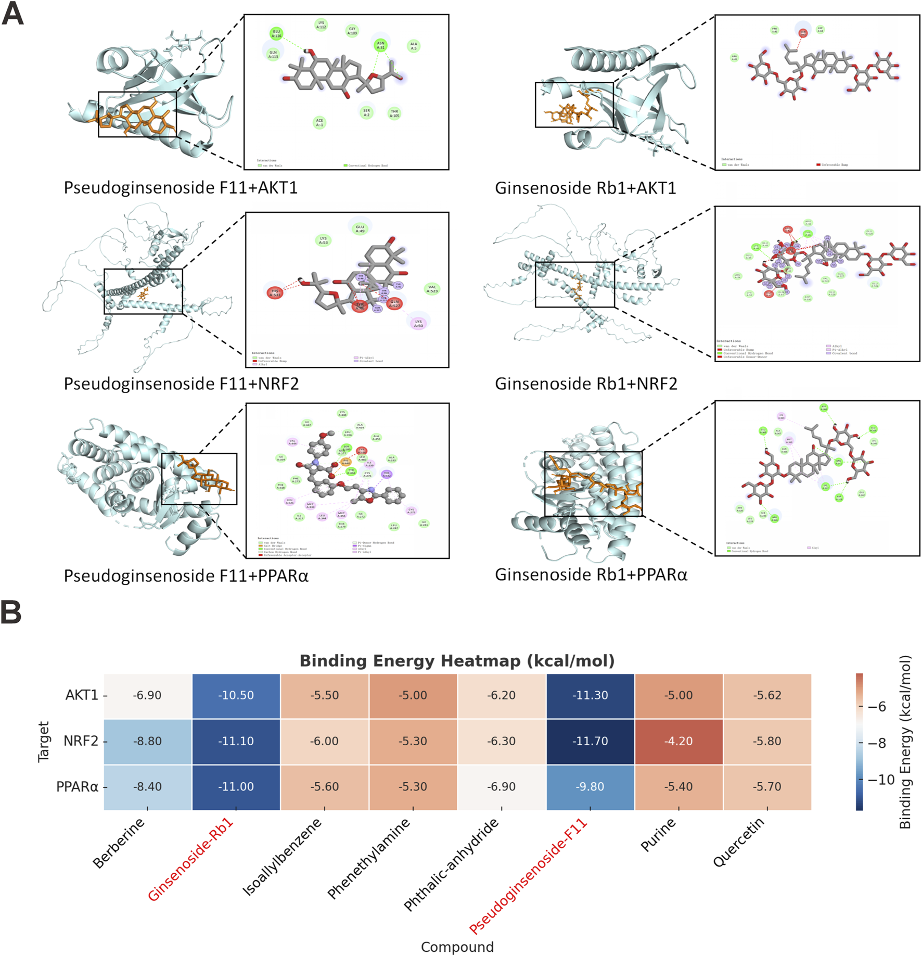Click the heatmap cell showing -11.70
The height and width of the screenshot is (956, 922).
tap(590, 741)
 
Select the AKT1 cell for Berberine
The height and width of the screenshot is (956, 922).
tap(147, 695)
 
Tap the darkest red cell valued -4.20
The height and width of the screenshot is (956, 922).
tap(678, 741)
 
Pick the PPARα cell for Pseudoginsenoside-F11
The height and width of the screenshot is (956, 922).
tap(590, 786)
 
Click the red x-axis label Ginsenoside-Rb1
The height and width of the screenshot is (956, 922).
tap(190, 860)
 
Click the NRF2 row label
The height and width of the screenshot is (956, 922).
tap(81, 741)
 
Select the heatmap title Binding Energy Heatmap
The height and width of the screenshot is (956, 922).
tap(457, 661)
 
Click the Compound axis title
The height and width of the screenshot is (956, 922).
tap(457, 947)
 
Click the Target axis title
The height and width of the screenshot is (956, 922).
tap(44, 742)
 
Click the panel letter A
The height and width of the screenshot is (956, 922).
tap(12, 14)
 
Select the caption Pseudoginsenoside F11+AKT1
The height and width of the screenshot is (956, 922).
tap(181, 187)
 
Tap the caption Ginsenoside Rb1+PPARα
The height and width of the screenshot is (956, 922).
tap(591, 575)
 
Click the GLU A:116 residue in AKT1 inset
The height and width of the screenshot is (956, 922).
tap(276, 34)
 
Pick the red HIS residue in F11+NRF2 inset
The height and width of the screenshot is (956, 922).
tap(275, 292)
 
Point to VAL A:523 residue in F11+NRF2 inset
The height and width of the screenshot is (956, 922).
tap(432, 289)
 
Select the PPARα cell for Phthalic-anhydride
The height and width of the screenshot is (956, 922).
tap(502, 786)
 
